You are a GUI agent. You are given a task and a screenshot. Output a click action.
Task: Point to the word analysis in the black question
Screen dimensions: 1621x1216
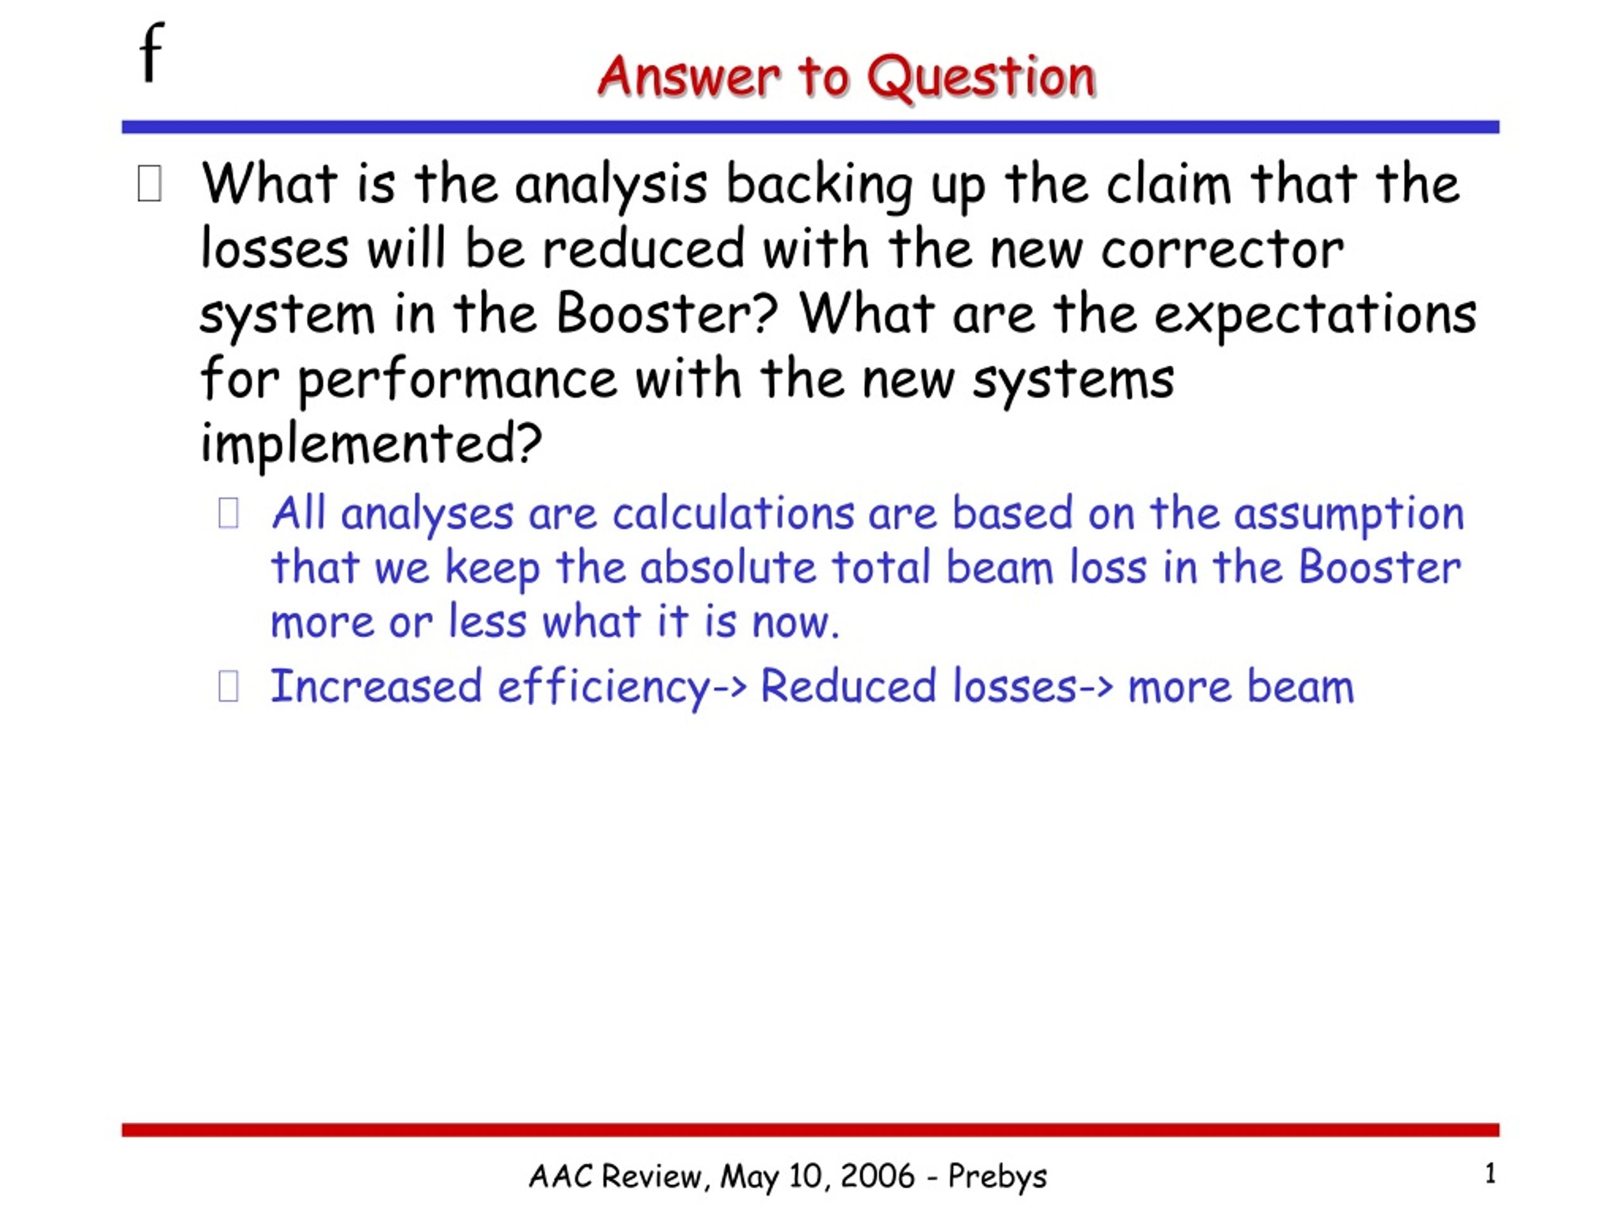click(x=610, y=186)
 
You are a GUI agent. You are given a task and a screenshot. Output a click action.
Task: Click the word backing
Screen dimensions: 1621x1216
click(x=819, y=186)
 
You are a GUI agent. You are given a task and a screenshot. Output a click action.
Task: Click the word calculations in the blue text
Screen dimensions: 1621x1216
click(x=733, y=513)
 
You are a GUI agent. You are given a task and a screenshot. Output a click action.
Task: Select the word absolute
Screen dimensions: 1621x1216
click(x=727, y=567)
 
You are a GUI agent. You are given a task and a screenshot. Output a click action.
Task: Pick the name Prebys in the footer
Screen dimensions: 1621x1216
click(x=997, y=1177)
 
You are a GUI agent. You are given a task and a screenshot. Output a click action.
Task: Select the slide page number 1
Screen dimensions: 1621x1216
click(x=1491, y=1174)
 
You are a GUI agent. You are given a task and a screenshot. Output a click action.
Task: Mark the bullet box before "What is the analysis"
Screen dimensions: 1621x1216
click(x=149, y=184)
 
